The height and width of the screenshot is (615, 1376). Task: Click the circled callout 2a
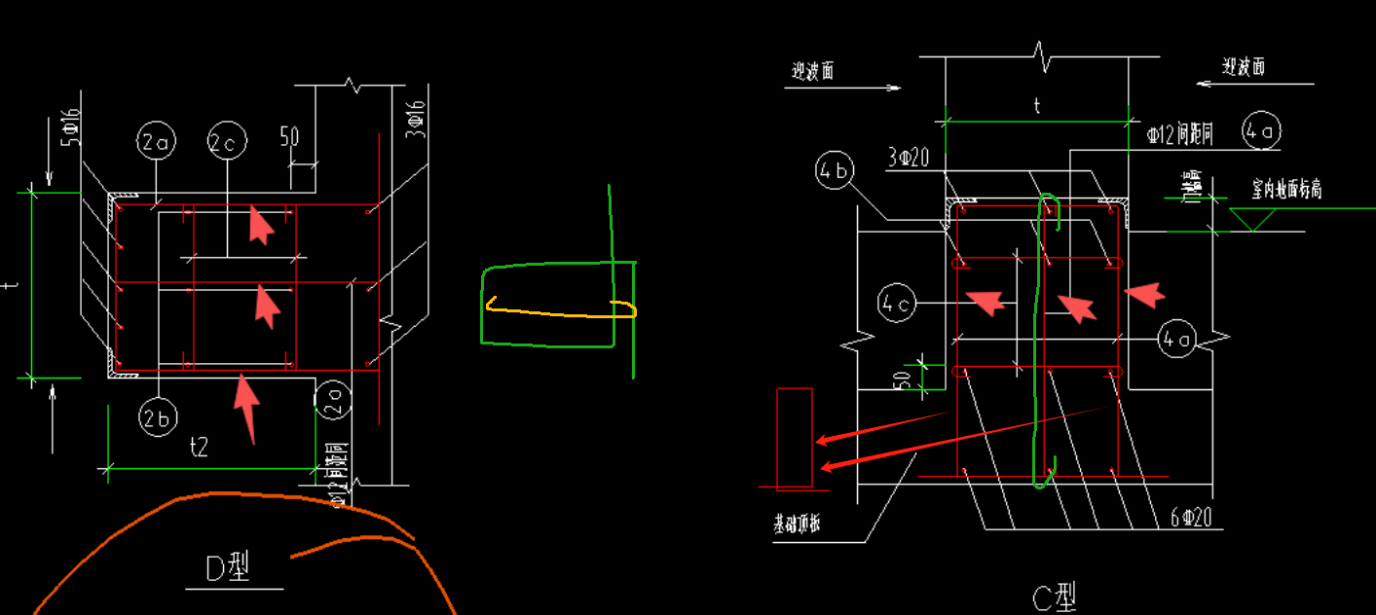[156, 144]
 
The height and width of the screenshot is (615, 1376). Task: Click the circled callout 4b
[835, 171]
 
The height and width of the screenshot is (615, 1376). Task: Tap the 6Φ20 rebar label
[1190, 518]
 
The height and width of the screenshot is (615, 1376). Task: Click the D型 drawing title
[230, 568]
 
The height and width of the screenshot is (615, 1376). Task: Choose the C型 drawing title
[1053, 595]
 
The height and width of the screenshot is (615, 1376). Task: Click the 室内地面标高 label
[1286, 189]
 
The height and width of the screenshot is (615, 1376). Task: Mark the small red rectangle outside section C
[795, 438]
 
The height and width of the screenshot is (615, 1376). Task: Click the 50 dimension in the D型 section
[288, 136]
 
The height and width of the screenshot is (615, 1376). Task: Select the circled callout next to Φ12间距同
[1262, 131]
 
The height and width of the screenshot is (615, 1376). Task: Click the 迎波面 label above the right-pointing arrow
[812, 70]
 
